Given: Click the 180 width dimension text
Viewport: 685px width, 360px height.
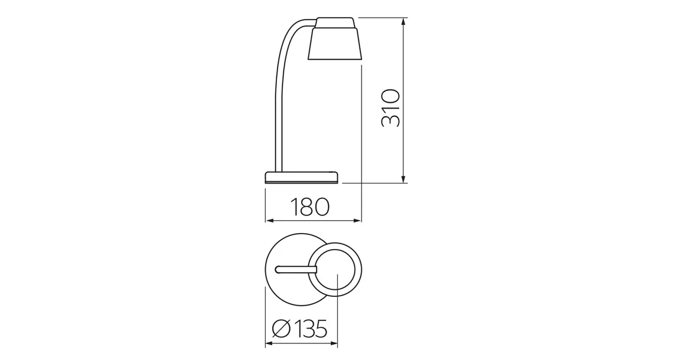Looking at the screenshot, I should click(x=309, y=207).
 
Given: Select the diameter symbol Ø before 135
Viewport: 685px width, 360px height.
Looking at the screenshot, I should click(x=281, y=329).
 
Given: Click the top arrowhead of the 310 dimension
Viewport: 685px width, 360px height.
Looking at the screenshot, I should click(x=403, y=21).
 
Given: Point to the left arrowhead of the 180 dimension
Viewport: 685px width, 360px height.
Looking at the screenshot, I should click(x=269, y=221).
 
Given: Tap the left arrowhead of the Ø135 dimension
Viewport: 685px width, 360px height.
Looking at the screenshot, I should click(x=269, y=343).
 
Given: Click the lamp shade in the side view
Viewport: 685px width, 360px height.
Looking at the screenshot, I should click(x=335, y=44).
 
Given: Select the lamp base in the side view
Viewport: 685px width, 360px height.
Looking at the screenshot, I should click(x=302, y=176).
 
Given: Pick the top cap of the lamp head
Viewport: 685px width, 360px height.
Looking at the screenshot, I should click(x=335, y=22).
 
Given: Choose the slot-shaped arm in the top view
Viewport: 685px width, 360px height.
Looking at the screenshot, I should click(x=296, y=270).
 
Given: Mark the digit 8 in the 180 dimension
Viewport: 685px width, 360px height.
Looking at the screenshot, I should click(x=310, y=207).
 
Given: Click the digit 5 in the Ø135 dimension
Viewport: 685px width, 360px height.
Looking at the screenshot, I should click(x=319, y=329).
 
